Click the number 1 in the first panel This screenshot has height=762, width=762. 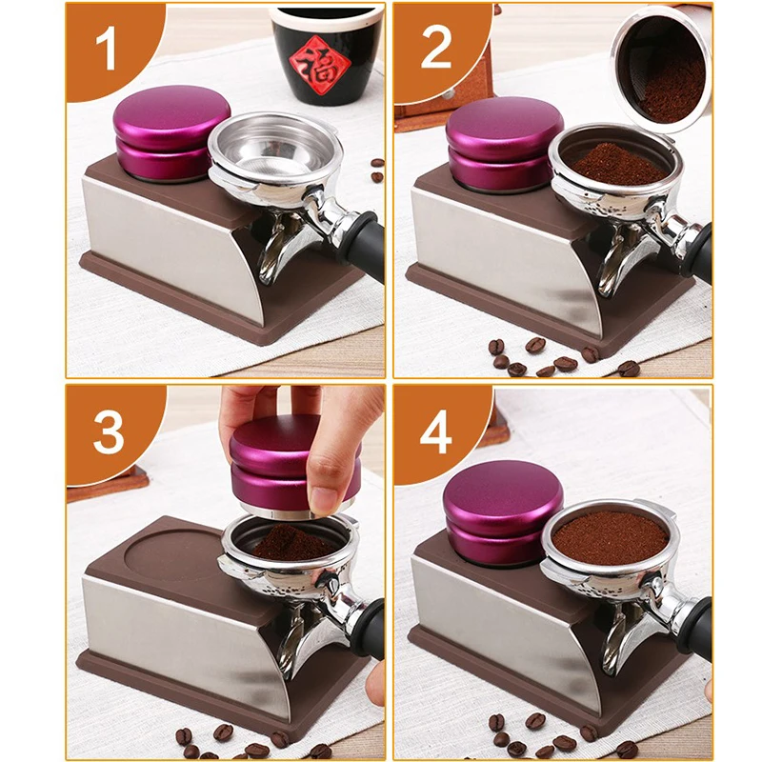pyautogui.click(x=106, y=49)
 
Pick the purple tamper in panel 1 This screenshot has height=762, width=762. pyautogui.click(x=171, y=132)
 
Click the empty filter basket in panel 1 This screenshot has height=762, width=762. pyautogui.click(x=274, y=144)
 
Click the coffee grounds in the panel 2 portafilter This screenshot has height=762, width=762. pyautogui.click(x=617, y=164)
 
